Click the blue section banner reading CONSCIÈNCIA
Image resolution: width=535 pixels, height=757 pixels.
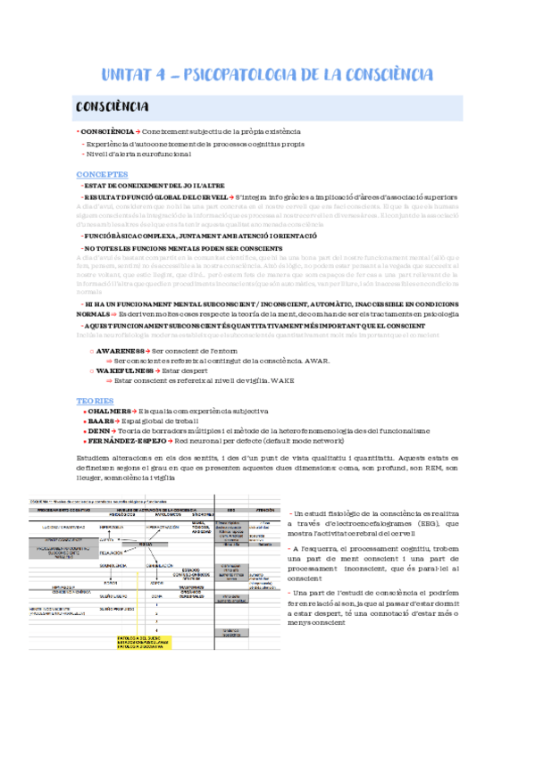coord(113,107)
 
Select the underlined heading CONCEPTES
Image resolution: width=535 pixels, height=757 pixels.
coord(102,173)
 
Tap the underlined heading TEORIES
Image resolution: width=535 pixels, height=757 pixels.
coord(95,401)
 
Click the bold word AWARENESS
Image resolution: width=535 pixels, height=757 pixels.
coord(121,352)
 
